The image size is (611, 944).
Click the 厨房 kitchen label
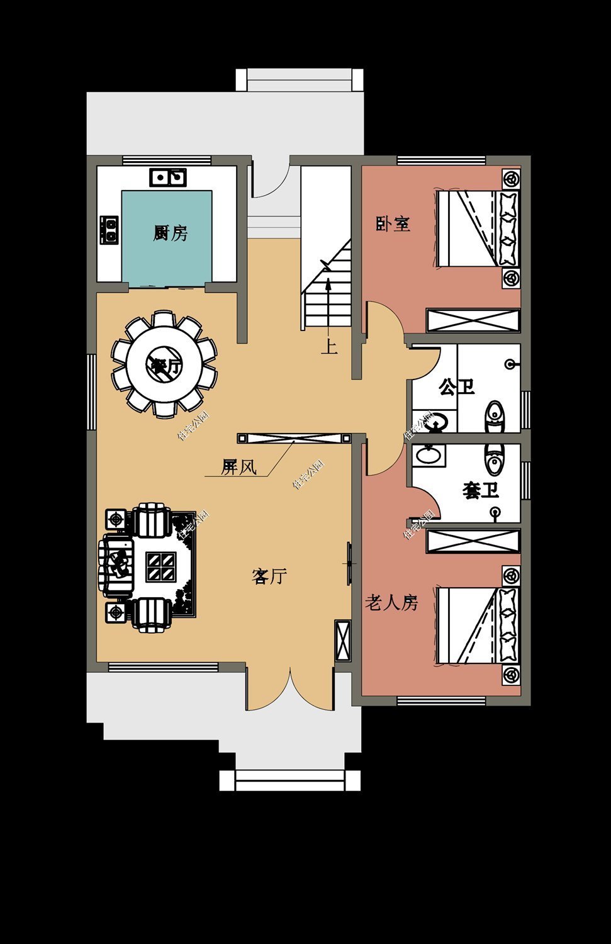(x=171, y=233)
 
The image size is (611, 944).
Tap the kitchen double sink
(x=167, y=177)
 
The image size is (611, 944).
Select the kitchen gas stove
(x=109, y=230)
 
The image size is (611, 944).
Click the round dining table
(x=164, y=364)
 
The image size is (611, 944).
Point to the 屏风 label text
(x=238, y=467)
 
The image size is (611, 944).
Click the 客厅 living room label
(x=269, y=576)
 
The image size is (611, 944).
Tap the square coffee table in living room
(x=161, y=566)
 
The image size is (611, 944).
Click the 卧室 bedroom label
(x=393, y=223)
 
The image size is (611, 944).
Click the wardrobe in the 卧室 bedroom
(x=473, y=320)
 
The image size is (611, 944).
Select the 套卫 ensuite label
(x=481, y=490)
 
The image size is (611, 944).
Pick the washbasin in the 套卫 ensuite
(x=430, y=454)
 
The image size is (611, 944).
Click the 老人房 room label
(x=391, y=603)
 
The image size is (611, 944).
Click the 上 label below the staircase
(x=329, y=347)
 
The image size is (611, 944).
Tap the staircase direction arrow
(x=328, y=302)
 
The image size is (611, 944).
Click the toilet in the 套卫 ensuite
(x=494, y=459)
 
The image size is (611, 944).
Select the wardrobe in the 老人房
(x=473, y=541)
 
